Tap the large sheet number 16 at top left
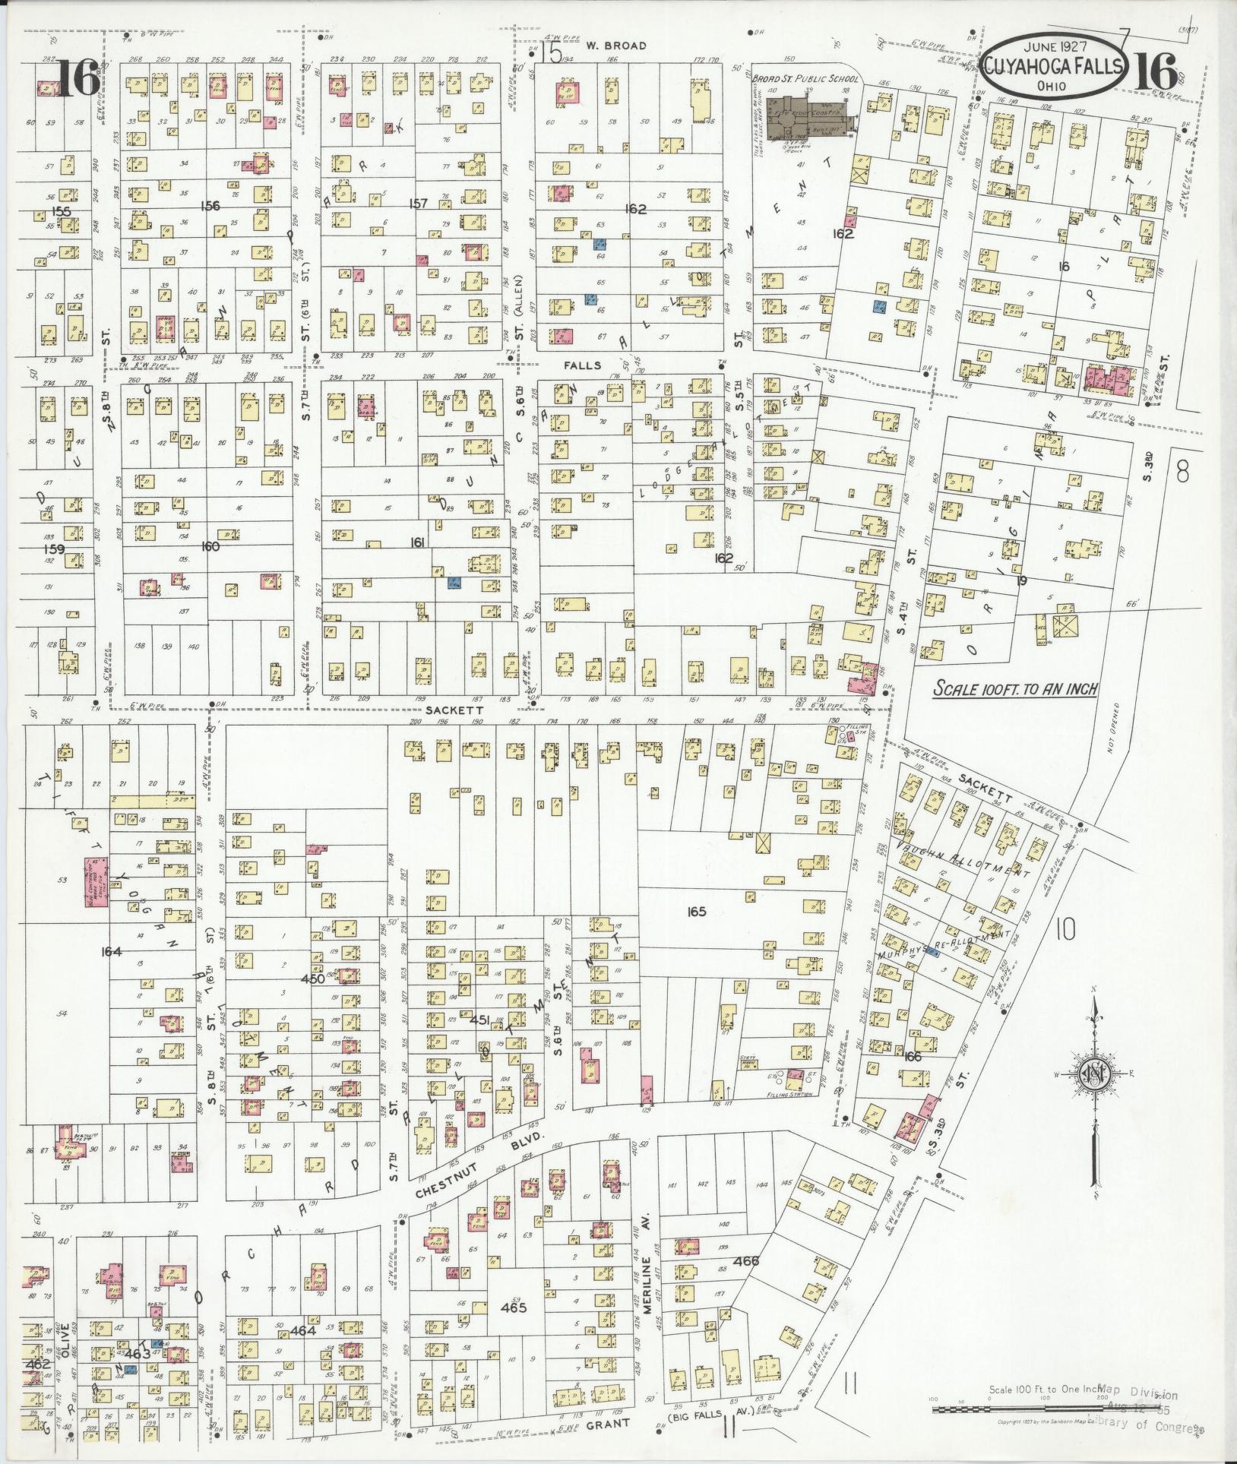coord(76,79)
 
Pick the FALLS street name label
coord(583,365)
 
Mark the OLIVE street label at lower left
coord(65,1336)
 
